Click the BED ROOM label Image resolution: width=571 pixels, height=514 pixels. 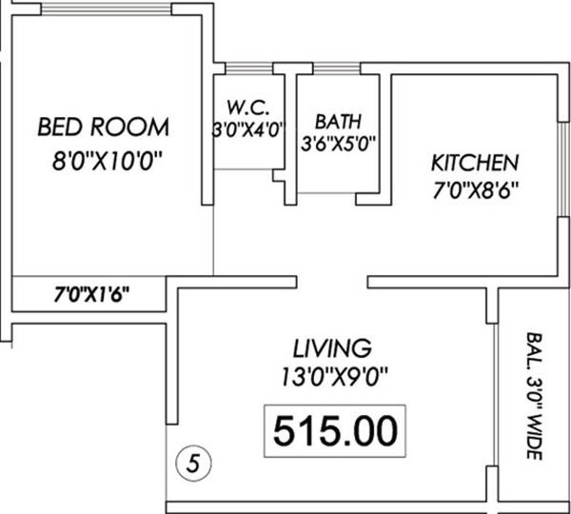click(104, 127)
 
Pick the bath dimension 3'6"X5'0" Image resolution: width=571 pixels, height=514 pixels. click(340, 146)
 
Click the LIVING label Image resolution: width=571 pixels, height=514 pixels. click(331, 346)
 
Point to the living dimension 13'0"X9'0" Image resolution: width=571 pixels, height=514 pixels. click(332, 374)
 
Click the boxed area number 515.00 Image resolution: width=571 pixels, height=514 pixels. click(333, 431)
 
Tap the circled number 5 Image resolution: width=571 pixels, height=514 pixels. click(195, 465)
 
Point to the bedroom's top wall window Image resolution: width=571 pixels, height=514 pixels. click(106, 9)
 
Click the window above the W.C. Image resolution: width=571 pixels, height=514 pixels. click(243, 68)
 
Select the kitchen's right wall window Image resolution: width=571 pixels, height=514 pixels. click(560, 159)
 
